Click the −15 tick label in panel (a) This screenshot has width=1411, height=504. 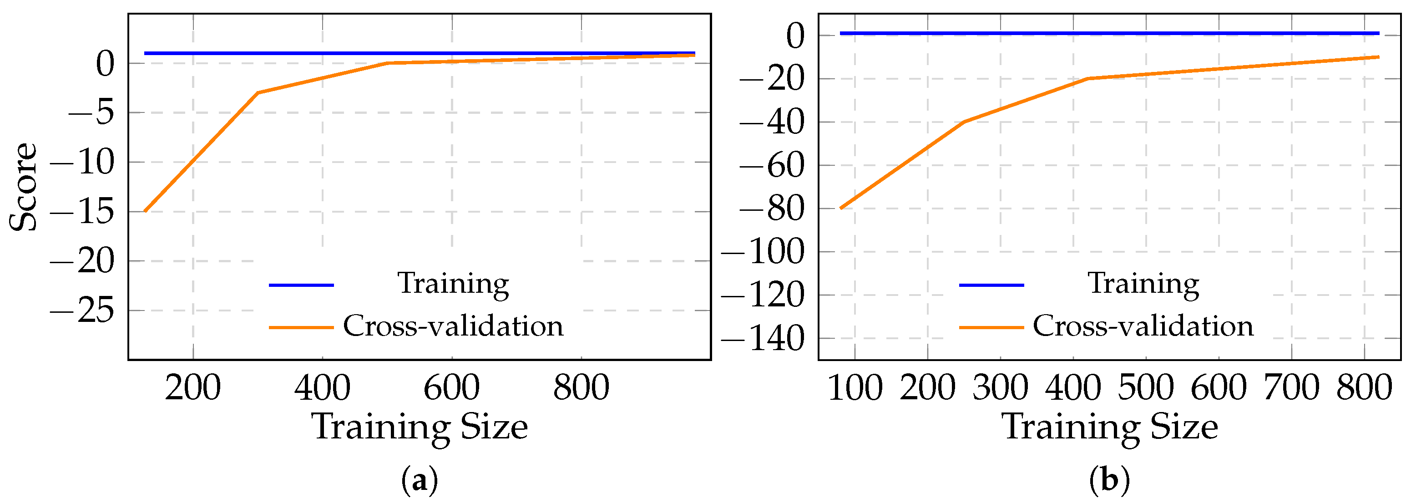click(82, 212)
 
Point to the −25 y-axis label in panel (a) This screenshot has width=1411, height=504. click(82, 311)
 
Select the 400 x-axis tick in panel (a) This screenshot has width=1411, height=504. click(322, 387)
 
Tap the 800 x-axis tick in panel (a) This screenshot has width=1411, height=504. click(581, 387)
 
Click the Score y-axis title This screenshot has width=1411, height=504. click(23, 187)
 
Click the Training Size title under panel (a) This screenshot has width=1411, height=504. click(420, 427)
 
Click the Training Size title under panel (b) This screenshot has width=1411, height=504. click(1110, 427)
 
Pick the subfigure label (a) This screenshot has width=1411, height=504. click(420, 480)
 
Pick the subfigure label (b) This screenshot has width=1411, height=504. click(1110, 480)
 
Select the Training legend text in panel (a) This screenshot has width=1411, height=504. click(453, 283)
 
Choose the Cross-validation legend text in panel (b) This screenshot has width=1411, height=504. click(1143, 326)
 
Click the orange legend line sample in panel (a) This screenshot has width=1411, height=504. click(301, 328)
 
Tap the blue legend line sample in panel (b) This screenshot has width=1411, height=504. click(991, 285)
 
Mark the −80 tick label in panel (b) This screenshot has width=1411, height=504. click(772, 209)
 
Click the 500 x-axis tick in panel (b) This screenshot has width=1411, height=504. click(1146, 387)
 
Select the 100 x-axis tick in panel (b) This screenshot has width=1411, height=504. click(855, 387)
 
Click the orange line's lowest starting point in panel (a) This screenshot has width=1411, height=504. click(145, 211)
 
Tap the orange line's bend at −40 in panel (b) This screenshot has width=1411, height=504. click(964, 122)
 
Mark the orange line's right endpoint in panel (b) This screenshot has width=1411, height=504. click(1379, 56)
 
